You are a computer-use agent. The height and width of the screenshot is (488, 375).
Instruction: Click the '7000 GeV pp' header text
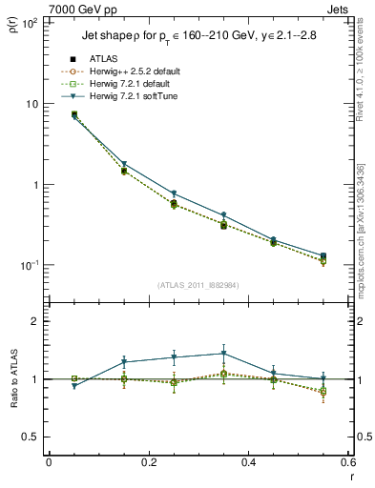click(77, 8)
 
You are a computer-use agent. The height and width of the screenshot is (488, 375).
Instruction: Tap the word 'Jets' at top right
click(339, 8)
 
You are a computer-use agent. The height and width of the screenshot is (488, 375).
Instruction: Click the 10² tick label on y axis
click(29, 22)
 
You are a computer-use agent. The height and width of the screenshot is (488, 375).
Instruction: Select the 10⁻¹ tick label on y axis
click(29, 265)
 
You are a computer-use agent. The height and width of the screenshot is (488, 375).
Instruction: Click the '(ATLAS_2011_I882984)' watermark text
click(198, 285)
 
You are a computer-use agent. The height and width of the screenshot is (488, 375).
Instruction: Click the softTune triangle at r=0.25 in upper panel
click(174, 193)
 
